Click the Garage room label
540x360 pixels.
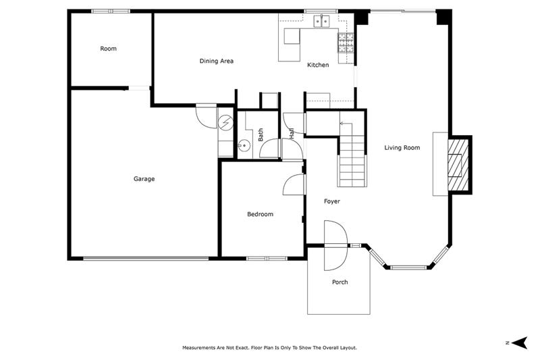tap(144, 179)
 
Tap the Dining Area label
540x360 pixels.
tap(216, 61)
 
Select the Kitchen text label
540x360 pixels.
tap(318, 65)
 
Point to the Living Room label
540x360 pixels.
tap(402, 148)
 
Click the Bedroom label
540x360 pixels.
tap(260, 214)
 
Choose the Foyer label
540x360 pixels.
tap(331, 201)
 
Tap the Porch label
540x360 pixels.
tap(340, 282)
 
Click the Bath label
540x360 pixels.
tap(261, 134)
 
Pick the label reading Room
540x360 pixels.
tap(108, 49)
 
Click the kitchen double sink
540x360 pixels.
tap(321, 21)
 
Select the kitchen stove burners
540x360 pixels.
tap(346, 43)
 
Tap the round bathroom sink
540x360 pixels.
tap(244, 146)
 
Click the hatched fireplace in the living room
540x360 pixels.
tap(458, 165)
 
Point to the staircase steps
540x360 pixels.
tap(352, 161)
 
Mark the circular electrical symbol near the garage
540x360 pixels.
tap(225, 122)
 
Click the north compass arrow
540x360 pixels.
tap(519, 342)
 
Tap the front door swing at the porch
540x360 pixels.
tap(335, 246)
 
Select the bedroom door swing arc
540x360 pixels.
tap(294, 184)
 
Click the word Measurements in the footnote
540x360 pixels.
tap(198, 348)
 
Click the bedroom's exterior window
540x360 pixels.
tap(267, 258)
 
